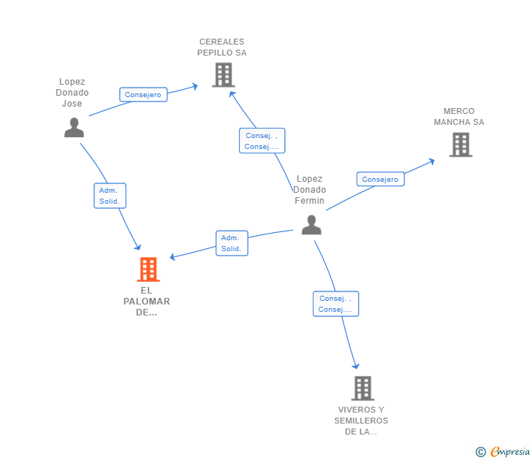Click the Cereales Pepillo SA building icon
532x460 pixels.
click(x=223, y=75)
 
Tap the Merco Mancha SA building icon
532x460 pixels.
click(x=460, y=145)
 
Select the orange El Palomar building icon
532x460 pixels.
click(x=148, y=269)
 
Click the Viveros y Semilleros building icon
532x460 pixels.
click(x=362, y=388)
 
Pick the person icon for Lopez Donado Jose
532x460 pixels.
click(x=74, y=128)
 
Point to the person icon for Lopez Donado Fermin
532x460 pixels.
click(x=311, y=225)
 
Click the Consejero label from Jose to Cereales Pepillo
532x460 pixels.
click(x=143, y=95)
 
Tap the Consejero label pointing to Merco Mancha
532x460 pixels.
click(x=380, y=180)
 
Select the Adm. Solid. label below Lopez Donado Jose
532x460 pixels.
click(x=110, y=196)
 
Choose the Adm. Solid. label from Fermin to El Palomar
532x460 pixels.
click(x=232, y=243)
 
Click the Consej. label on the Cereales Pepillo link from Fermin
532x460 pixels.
click(x=262, y=141)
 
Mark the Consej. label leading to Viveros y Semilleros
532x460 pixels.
click(x=335, y=304)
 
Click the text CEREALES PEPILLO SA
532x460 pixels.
click(x=222, y=47)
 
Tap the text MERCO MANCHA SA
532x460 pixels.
click(x=459, y=117)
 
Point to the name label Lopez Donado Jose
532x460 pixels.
click(x=72, y=93)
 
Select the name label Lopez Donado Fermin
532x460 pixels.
click(x=310, y=190)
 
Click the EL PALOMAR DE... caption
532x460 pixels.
click(x=147, y=302)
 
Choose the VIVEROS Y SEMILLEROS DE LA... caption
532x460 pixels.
click(x=361, y=421)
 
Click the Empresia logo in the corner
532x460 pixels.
click(x=503, y=452)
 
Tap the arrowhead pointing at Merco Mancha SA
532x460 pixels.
click(x=432, y=161)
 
